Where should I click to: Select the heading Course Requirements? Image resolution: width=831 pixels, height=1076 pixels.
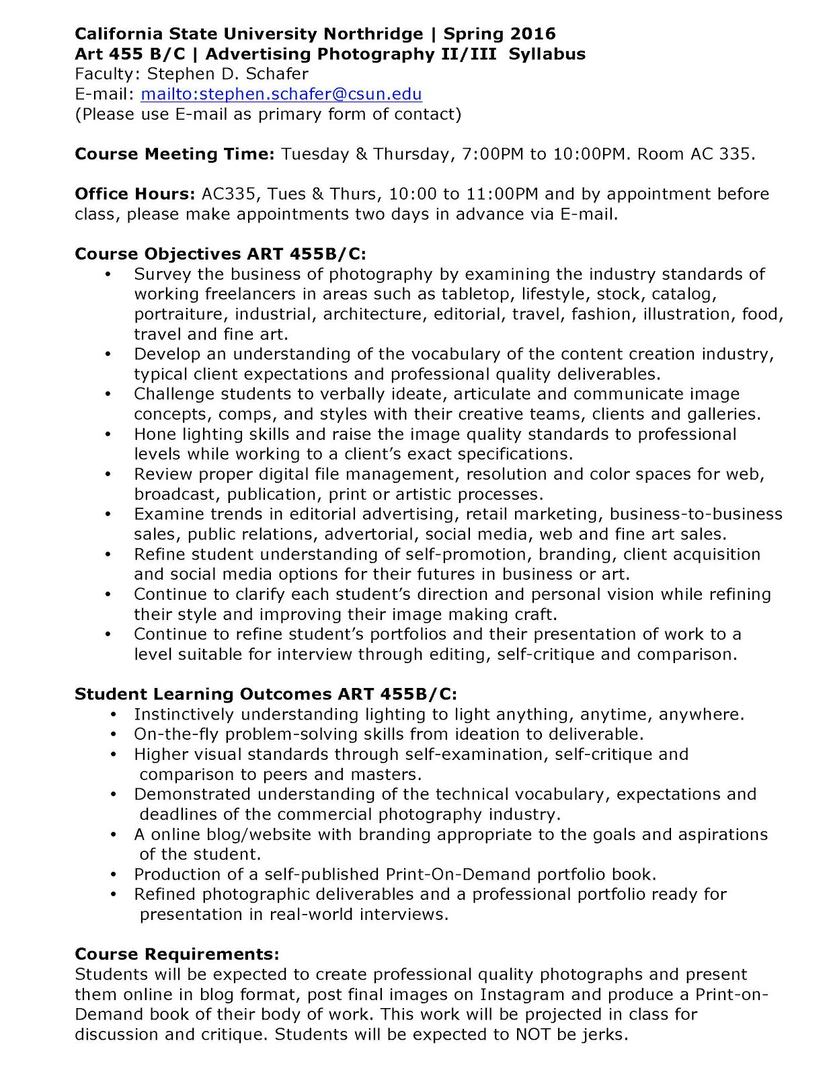(x=177, y=954)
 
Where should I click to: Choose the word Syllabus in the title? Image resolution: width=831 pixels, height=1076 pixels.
(x=547, y=54)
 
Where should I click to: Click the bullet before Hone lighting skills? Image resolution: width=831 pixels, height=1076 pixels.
(x=109, y=434)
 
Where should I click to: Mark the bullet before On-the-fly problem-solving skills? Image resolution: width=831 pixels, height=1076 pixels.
(x=114, y=734)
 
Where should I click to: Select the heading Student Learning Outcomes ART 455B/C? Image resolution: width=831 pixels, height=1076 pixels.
(x=266, y=694)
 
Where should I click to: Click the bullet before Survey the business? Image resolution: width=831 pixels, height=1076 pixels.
(x=109, y=274)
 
